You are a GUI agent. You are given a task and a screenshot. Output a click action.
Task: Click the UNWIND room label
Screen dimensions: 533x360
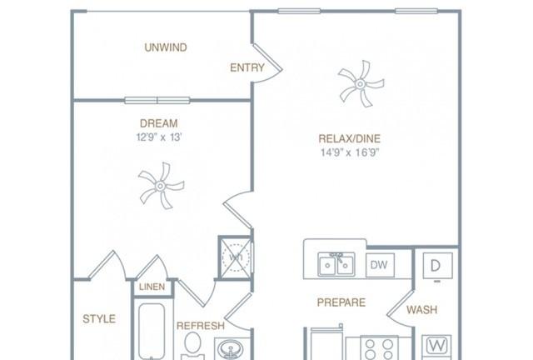tap(166, 47)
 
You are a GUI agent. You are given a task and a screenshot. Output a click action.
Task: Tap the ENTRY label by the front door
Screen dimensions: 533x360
tap(247, 67)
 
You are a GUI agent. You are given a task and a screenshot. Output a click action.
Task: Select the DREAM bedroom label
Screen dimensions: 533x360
tap(159, 123)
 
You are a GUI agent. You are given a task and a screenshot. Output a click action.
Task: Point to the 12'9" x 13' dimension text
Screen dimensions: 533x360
tap(159, 137)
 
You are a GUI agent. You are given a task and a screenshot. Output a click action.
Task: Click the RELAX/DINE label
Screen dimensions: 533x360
tap(350, 138)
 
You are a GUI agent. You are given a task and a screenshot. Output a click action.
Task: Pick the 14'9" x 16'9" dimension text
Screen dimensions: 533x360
tap(350, 152)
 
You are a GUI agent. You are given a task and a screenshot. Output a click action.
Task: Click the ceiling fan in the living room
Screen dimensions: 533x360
tap(361, 83)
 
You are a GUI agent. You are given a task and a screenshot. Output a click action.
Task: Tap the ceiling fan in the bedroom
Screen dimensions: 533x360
tap(161, 186)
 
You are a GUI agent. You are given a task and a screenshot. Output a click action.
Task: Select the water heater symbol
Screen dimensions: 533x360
tap(236, 257)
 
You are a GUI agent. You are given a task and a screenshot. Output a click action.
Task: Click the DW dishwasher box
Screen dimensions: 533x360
tap(380, 265)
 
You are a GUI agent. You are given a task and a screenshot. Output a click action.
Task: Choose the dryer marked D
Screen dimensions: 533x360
tap(437, 266)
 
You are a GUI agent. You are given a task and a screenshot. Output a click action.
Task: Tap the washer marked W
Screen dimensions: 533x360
tap(436, 347)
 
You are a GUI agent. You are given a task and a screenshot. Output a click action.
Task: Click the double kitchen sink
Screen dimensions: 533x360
tap(336, 264)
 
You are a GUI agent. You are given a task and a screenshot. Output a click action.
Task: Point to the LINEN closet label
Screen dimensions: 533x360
tap(152, 287)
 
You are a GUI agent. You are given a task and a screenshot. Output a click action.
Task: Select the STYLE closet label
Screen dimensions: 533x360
tap(99, 319)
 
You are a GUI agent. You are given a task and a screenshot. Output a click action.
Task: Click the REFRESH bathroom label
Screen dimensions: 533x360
tap(201, 326)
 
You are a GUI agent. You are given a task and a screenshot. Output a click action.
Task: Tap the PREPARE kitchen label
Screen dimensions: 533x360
tap(341, 302)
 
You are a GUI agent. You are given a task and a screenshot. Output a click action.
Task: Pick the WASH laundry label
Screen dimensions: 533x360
tap(422, 310)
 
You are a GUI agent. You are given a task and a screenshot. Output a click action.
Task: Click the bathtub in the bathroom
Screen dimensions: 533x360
tap(152, 331)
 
